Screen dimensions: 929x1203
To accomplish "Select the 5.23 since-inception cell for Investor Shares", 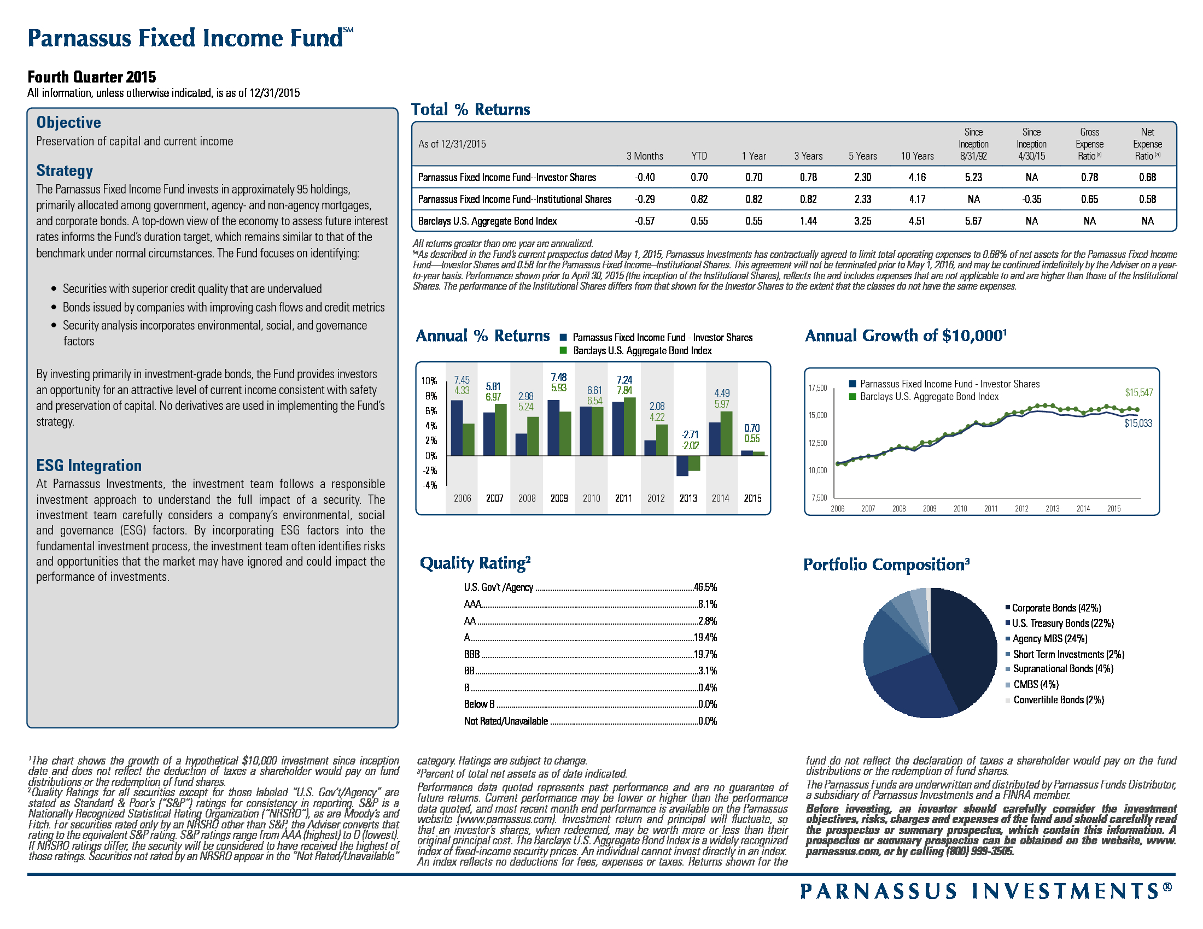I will pos(973,177).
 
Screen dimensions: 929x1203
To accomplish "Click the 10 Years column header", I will pos(916,156).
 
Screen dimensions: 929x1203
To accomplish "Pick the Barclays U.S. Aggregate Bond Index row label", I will pos(487,221).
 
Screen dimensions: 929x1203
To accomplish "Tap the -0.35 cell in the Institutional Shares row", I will pos(1031,199).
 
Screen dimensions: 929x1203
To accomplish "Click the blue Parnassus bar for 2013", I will pos(682,466).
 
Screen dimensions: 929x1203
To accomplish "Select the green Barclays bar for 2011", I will pos(629,427).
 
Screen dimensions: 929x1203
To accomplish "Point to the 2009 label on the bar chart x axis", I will pos(559,498).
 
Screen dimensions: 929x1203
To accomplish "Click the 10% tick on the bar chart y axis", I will pos(429,381).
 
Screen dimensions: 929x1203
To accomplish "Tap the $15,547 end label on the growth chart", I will pos(1138,393).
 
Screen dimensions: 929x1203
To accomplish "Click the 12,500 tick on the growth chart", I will pos(817,443).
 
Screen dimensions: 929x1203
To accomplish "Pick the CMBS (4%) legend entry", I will pos(1036,685).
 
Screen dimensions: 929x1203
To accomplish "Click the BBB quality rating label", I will pos(471,654).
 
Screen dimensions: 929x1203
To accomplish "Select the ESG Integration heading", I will pos(89,466).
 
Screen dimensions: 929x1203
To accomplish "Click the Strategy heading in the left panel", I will pos(65,170).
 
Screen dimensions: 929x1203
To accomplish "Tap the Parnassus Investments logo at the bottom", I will pos(986,891).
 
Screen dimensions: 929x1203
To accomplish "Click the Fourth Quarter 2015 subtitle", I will pos(92,77).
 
